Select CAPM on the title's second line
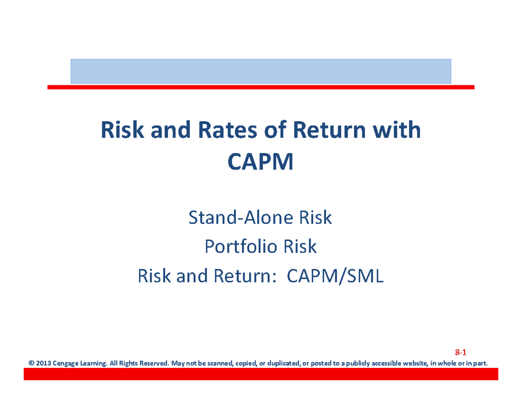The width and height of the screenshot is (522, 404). [261, 163]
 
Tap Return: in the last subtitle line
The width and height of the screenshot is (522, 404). [245, 276]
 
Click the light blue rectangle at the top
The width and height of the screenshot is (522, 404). [261, 71]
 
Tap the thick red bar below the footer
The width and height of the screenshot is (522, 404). [261, 373]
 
